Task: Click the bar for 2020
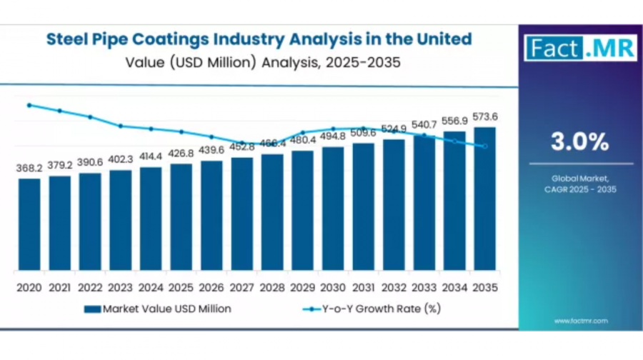click(x=29, y=224)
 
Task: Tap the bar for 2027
click(x=242, y=214)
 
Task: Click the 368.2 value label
click(x=29, y=168)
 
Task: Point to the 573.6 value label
click(x=484, y=116)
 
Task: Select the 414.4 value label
click(x=151, y=156)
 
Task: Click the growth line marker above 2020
click(x=29, y=105)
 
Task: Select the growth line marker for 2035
click(x=484, y=146)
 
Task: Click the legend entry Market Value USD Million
click(x=157, y=309)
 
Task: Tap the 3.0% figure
click(x=579, y=141)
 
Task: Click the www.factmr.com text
click(x=580, y=321)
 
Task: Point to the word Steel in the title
click(x=68, y=39)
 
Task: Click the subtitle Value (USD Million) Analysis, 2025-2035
click(x=262, y=62)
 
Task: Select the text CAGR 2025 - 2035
click(x=579, y=189)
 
